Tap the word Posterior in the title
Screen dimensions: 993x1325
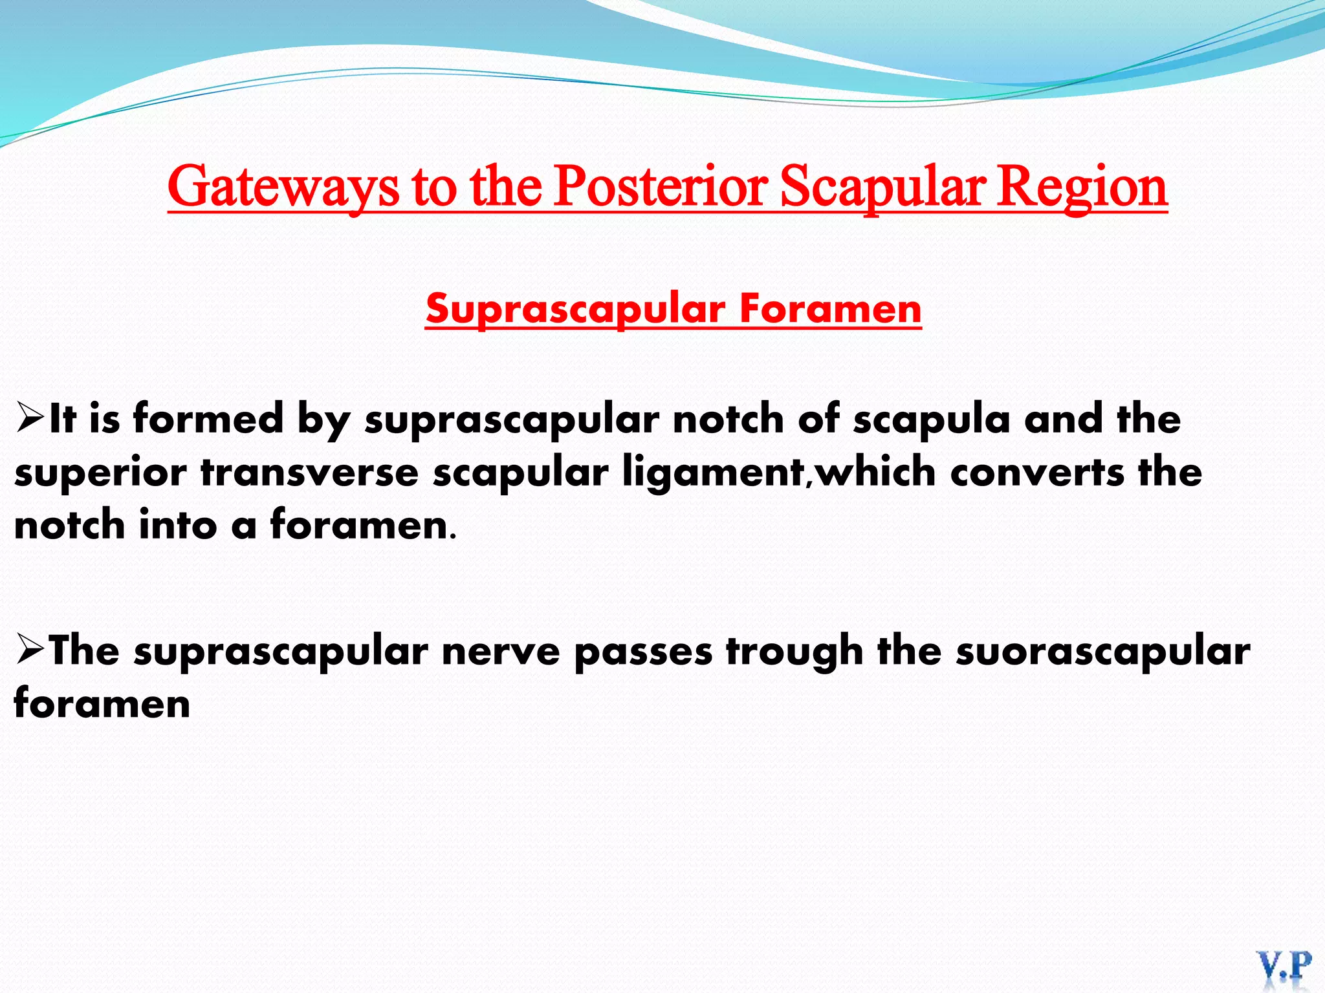click(x=661, y=186)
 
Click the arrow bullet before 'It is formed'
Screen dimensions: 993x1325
click(x=30, y=418)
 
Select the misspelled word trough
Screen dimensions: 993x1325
click(x=794, y=650)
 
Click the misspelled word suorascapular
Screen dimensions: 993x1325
click(x=1102, y=650)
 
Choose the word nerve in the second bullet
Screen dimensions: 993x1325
click(x=501, y=650)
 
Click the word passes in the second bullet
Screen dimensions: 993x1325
click(x=643, y=650)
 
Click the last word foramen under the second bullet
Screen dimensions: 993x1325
click(x=102, y=703)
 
